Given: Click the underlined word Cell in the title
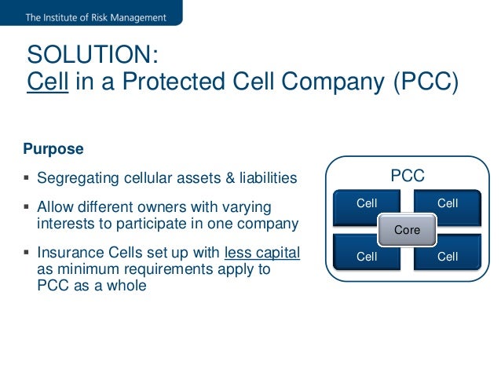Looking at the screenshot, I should pyautogui.click(x=47, y=81).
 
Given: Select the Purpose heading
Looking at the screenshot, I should pyautogui.click(x=53, y=148).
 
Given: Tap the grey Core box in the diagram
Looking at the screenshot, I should pyautogui.click(x=407, y=230).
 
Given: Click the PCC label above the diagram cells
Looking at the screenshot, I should pyautogui.click(x=408, y=176).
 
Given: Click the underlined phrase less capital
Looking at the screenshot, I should pyautogui.click(x=262, y=254).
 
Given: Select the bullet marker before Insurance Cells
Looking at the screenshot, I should pyautogui.click(x=27, y=254).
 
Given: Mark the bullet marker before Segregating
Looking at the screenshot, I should pyautogui.click(x=27, y=178).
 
